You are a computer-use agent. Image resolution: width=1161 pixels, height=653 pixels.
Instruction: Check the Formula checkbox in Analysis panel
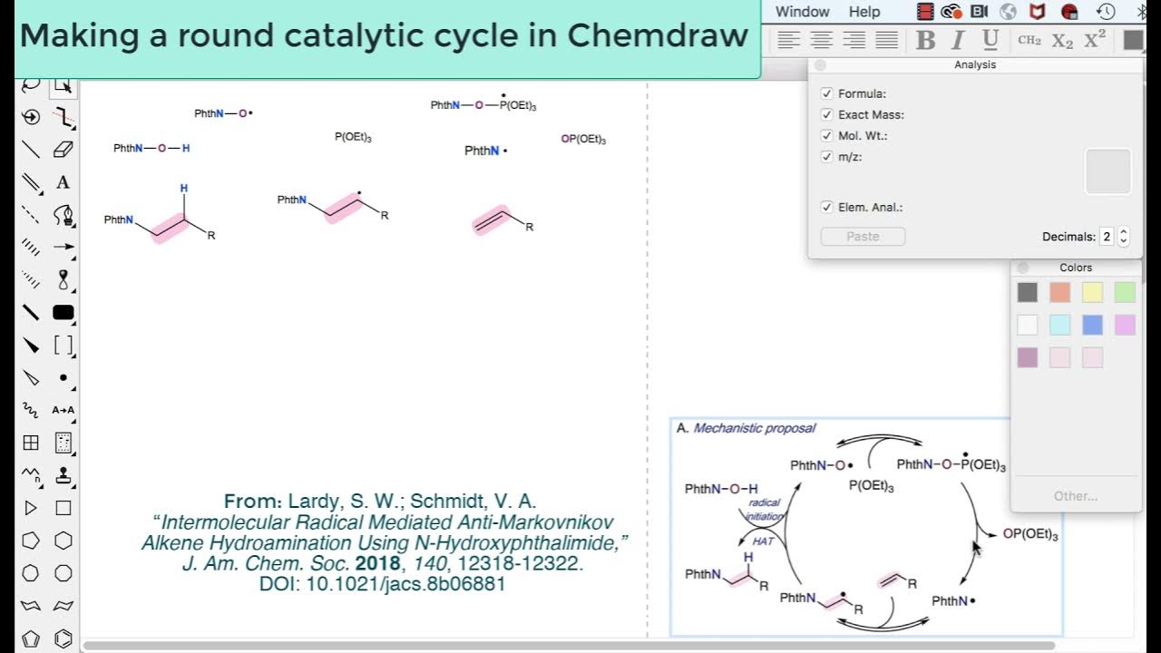click(x=826, y=93)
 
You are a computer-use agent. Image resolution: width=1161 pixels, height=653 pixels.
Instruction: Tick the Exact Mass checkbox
click(x=826, y=114)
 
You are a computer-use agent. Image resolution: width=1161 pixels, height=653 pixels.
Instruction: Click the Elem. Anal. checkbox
click(x=826, y=207)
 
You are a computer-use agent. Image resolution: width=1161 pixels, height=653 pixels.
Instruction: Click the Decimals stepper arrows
click(x=1124, y=237)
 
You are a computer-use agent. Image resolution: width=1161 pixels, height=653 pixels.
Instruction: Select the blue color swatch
click(x=1092, y=325)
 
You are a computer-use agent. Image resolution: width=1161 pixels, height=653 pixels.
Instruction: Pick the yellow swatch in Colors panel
click(x=1092, y=292)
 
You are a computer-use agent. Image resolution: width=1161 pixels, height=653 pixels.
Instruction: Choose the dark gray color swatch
click(x=1027, y=292)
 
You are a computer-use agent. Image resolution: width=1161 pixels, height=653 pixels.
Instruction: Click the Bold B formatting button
click(x=925, y=40)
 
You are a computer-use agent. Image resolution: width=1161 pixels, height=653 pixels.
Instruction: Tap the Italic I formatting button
click(x=957, y=40)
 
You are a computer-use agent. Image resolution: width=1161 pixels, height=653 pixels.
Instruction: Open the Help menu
click(x=863, y=12)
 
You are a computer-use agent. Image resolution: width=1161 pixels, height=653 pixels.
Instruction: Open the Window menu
click(x=802, y=12)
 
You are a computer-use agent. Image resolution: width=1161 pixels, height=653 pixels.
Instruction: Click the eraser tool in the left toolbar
click(x=63, y=150)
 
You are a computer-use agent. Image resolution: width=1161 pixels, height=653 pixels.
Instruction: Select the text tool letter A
click(x=63, y=182)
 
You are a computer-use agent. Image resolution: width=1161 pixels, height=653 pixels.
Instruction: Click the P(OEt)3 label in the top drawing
click(x=353, y=137)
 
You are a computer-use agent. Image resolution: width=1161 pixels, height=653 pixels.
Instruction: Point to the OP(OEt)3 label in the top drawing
click(x=583, y=139)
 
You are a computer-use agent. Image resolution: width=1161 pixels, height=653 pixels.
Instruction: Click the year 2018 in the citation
click(x=377, y=564)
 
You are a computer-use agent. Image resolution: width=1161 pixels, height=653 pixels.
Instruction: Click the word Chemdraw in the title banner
click(x=658, y=35)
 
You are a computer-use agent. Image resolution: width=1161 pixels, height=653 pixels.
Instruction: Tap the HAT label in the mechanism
click(x=764, y=541)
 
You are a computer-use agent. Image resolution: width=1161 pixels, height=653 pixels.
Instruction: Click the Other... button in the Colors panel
click(x=1076, y=496)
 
